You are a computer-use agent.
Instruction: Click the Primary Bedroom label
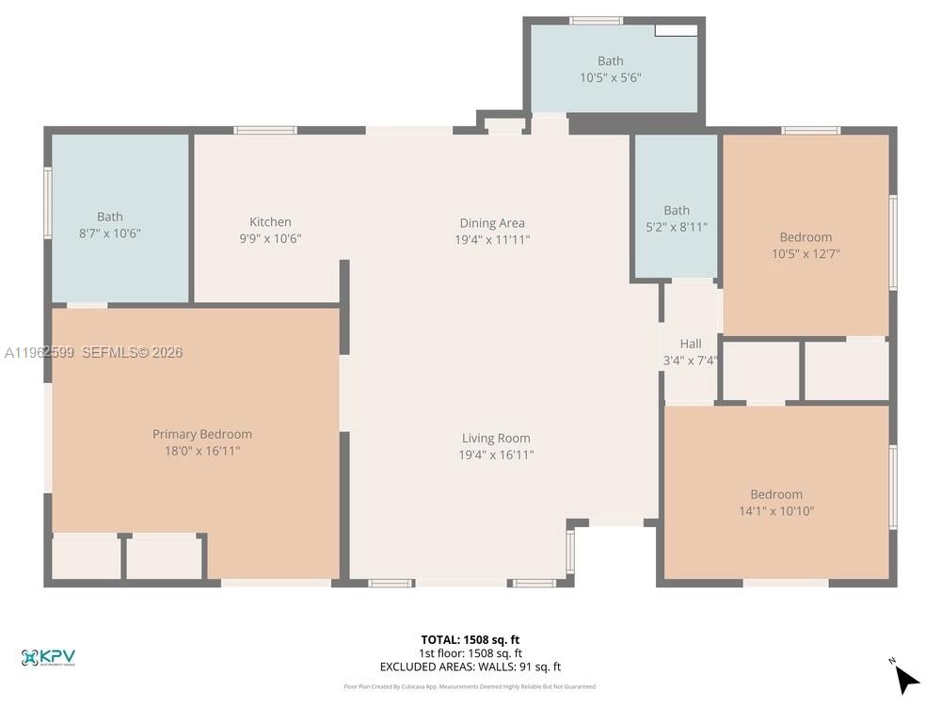click(202, 434)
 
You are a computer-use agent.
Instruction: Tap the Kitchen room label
click(270, 222)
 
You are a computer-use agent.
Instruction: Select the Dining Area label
click(492, 223)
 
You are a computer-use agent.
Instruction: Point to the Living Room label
click(496, 438)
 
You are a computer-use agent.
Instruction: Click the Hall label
click(691, 344)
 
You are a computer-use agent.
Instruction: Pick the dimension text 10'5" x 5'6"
click(611, 78)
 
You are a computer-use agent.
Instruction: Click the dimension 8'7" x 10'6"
click(110, 233)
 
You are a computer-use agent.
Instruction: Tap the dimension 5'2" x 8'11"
click(677, 227)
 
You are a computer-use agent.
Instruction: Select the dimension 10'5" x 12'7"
click(805, 253)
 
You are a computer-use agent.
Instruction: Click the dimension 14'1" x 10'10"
click(776, 511)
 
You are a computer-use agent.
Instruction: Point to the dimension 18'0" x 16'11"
click(202, 451)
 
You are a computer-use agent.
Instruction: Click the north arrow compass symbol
click(905, 678)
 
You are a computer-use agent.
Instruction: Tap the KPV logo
click(48, 657)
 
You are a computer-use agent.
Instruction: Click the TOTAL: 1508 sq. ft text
click(470, 639)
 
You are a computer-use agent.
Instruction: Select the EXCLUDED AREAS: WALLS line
click(470, 666)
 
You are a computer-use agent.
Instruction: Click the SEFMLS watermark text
click(132, 353)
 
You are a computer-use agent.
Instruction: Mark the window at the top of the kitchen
click(265, 130)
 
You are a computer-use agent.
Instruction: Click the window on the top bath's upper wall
click(596, 20)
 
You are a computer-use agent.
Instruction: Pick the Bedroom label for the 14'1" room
click(776, 494)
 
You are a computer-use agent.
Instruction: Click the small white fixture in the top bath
click(676, 30)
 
